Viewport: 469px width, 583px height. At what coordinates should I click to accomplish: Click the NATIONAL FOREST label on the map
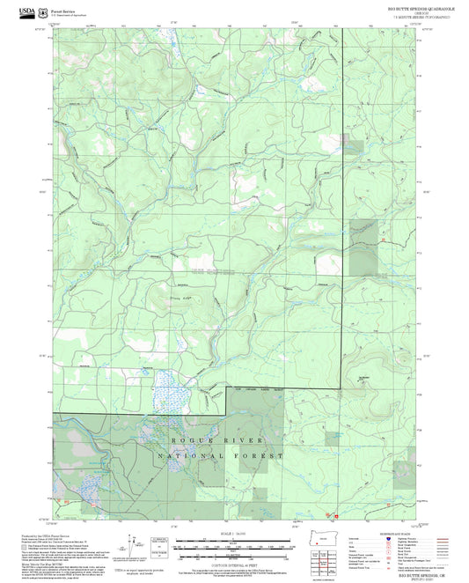209,456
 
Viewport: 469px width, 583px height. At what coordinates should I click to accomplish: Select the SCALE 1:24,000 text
233,534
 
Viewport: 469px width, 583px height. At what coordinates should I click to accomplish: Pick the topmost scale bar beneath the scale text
233,540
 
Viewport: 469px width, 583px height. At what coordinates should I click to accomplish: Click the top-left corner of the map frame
54,27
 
